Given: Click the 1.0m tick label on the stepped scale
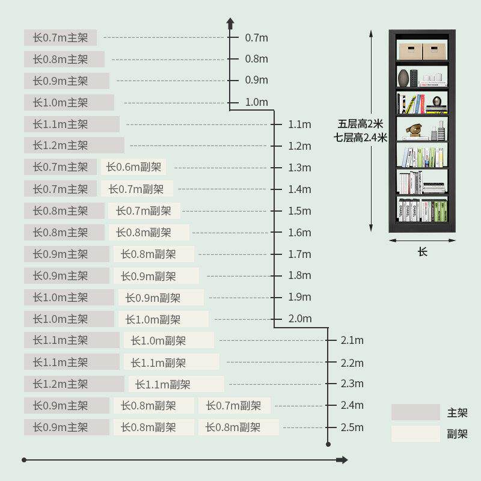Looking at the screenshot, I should pyautogui.click(x=256, y=102).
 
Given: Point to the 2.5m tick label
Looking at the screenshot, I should pyautogui.click(x=352, y=427).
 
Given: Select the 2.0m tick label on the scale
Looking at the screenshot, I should pyautogui.click(x=299, y=319).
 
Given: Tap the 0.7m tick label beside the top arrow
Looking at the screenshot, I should pyautogui.click(x=256, y=37).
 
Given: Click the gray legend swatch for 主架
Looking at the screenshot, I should pyautogui.click(x=415, y=412).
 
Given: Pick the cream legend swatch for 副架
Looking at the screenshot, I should pyautogui.click(x=415, y=434).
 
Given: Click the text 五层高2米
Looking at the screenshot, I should pyautogui.click(x=360, y=124).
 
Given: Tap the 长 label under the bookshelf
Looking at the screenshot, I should pyautogui.click(x=422, y=252).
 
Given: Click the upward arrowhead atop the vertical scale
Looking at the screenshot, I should pyautogui.click(x=230, y=23).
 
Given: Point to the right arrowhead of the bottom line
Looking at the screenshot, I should pyautogui.click(x=343, y=460).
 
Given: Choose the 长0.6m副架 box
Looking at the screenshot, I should pyautogui.click(x=135, y=167).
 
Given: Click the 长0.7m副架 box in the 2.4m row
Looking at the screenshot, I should pyautogui.click(x=234, y=406).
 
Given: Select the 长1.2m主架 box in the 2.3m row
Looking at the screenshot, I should pyautogui.click(x=74, y=384).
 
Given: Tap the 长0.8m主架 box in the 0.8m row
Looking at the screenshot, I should pyautogui.click(x=64, y=60).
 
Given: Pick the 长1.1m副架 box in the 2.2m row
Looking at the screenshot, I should pyautogui.click(x=171, y=363).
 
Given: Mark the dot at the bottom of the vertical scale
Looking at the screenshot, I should pyautogui.click(x=328, y=444).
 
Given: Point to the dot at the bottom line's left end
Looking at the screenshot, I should pyautogui.click(x=24, y=460).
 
